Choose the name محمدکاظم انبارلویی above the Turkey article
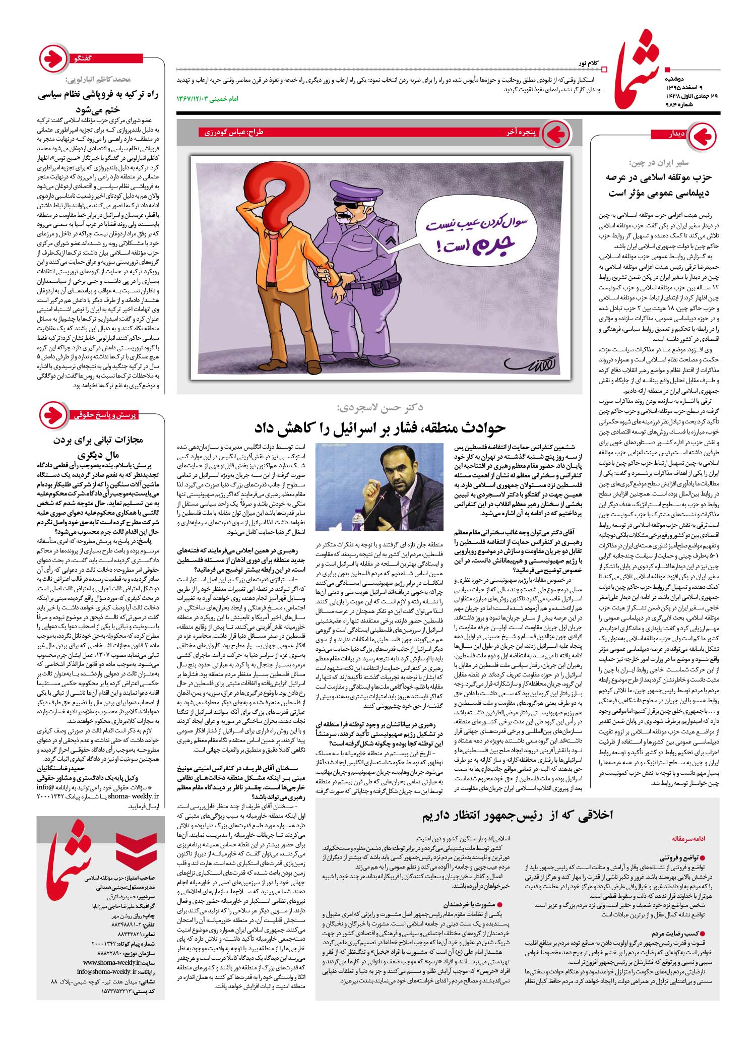click(98, 80)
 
